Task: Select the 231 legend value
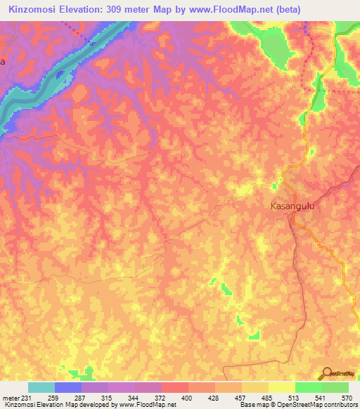(x=22, y=398)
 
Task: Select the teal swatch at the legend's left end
(x=41, y=387)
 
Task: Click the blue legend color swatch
(x=68, y=387)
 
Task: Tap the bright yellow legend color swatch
(x=282, y=387)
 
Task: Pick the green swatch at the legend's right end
(x=335, y=387)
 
